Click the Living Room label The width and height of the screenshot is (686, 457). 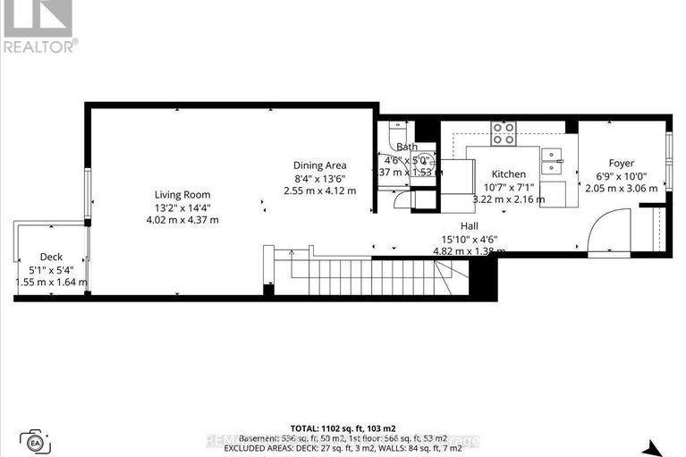182,195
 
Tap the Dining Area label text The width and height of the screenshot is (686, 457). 319,165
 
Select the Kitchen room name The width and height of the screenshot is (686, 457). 507,174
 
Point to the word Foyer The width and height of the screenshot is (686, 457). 621,164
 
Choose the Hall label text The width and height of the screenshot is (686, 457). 470,226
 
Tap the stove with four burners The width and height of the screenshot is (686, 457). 504,134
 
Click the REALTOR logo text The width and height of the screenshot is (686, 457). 39,46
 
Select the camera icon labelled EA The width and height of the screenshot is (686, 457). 37,441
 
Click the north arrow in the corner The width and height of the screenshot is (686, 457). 656,448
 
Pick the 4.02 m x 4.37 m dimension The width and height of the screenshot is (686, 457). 182,220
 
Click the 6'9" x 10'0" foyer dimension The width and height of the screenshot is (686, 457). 621,176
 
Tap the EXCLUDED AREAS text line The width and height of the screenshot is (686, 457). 343,450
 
